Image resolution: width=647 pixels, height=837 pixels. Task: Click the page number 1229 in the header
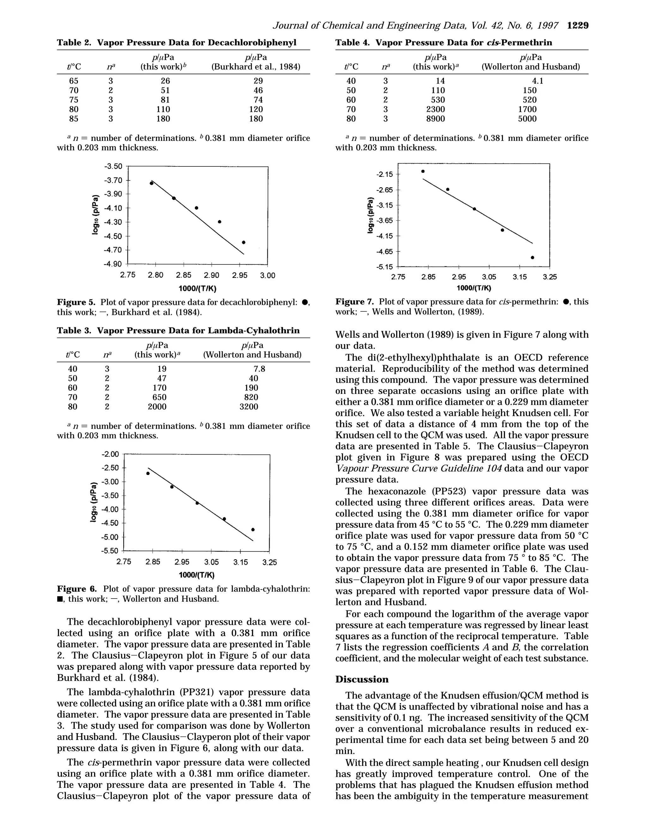click(x=577, y=26)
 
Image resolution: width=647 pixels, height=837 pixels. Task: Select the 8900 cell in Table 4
click(x=435, y=119)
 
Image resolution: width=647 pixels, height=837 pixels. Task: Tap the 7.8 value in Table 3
click(x=259, y=369)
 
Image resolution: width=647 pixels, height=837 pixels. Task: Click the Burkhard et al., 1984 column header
click(x=256, y=67)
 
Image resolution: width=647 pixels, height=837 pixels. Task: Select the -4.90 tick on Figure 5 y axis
click(x=112, y=264)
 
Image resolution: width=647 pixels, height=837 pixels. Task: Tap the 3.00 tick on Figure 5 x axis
click(x=268, y=275)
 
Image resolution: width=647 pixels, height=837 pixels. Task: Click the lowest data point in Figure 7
click(x=532, y=257)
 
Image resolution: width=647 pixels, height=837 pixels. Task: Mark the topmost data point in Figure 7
click(x=423, y=171)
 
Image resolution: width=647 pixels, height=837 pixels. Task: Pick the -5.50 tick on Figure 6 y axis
click(x=110, y=551)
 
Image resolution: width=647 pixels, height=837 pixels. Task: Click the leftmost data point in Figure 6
click(x=148, y=473)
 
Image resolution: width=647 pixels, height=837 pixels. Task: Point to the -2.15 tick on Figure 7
click(x=384, y=174)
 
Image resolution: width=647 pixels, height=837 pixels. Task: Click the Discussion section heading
click(x=361, y=679)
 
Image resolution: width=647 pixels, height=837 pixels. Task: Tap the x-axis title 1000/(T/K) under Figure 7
click(x=474, y=288)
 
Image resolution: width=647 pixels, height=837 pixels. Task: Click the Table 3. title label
click(x=74, y=330)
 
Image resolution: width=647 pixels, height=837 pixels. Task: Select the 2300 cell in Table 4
click(x=435, y=109)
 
